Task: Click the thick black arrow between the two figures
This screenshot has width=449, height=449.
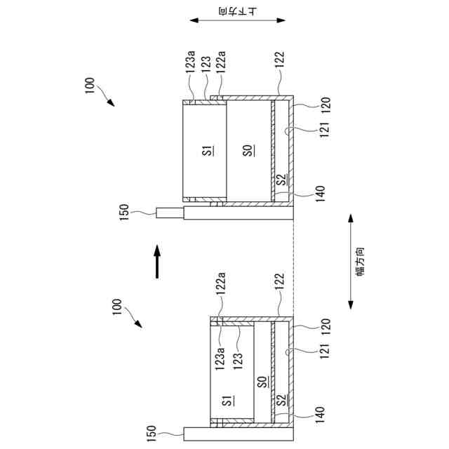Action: tap(157, 262)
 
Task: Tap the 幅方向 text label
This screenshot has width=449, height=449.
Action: tap(360, 262)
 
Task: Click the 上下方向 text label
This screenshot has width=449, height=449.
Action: tap(238, 11)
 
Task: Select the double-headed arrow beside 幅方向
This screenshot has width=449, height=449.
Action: tap(351, 262)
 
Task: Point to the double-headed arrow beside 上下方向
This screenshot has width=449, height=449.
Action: tap(237, 20)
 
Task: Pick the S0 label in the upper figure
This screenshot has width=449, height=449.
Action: tap(249, 149)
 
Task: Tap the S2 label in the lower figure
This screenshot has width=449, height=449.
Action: tap(282, 400)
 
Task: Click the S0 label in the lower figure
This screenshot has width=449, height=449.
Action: tap(263, 381)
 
